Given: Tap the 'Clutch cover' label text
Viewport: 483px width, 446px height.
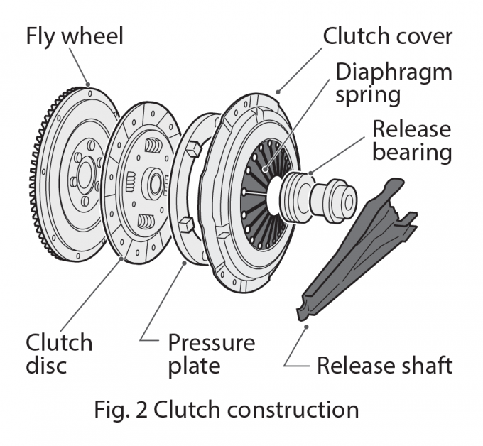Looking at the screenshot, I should coord(388,36).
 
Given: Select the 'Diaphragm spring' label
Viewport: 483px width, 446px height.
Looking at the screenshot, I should coord(392,83).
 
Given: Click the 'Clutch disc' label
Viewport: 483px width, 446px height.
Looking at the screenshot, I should coord(59,354).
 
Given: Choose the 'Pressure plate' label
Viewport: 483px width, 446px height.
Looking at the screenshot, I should coord(211,354).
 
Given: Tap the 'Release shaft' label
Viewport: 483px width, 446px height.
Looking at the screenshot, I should coord(384,366).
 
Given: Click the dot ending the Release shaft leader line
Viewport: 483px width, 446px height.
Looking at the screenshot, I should coord(307,327).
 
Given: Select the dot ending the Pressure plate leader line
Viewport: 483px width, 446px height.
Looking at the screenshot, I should coord(185,263).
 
